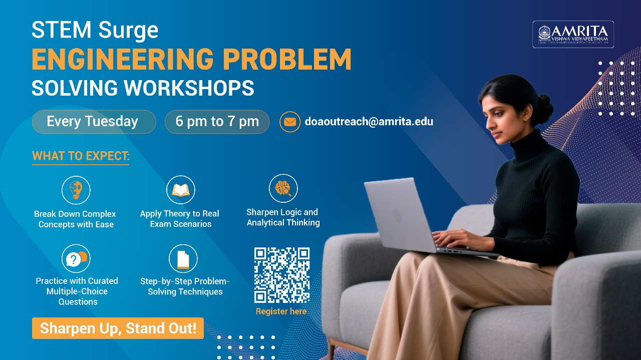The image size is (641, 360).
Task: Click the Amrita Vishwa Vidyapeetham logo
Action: (573, 34)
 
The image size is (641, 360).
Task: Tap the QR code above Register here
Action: (282, 275)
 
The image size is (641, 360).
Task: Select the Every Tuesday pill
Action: (94, 122)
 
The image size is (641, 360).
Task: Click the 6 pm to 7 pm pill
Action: (217, 122)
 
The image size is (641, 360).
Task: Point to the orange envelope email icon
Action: (289, 122)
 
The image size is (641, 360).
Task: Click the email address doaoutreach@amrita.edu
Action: (369, 122)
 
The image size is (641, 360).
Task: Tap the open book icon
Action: (180, 190)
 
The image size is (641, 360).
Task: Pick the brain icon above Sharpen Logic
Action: (283, 189)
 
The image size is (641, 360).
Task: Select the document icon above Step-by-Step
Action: (183, 259)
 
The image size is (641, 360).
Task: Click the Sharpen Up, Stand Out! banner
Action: (118, 328)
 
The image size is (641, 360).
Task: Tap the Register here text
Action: (281, 311)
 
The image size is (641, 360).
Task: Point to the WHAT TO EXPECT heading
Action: (81, 156)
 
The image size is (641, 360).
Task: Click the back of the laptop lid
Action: (398, 215)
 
